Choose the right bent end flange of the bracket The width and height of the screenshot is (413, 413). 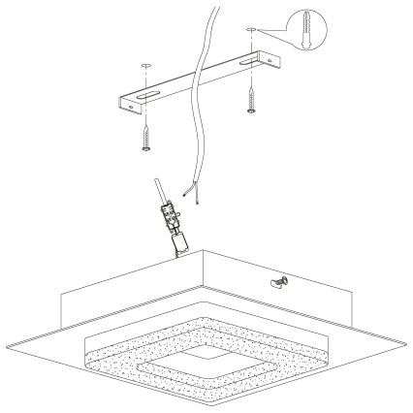(x=278, y=67)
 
